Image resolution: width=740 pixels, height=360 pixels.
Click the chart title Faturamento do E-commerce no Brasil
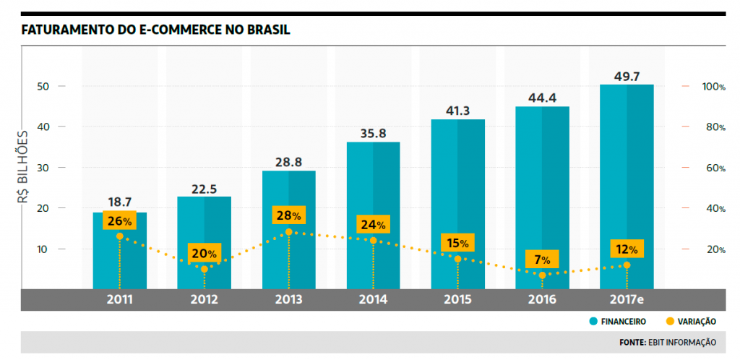pyautogui.click(x=156, y=30)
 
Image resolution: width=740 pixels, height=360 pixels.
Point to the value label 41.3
pyautogui.click(x=457, y=111)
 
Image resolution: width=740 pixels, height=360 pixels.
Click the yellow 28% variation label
pyautogui.click(x=288, y=215)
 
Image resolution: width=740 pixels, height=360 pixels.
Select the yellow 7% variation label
pyautogui.click(x=542, y=259)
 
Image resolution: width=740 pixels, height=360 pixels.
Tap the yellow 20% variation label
pyautogui.click(x=204, y=254)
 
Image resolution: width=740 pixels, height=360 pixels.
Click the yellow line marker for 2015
pyautogui.click(x=457, y=259)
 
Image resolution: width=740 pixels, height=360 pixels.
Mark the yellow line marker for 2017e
pyautogui.click(x=627, y=265)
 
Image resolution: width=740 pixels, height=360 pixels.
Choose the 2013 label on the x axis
pyautogui.click(x=288, y=299)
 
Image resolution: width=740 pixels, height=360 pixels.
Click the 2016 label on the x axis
pyautogui.click(x=542, y=299)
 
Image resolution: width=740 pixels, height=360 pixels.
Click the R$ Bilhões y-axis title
pyautogui.click(x=23, y=167)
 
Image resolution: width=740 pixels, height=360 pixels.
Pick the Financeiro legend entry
pyautogui.click(x=617, y=321)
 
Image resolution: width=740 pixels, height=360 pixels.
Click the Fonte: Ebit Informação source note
pyautogui.click(x=667, y=342)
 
